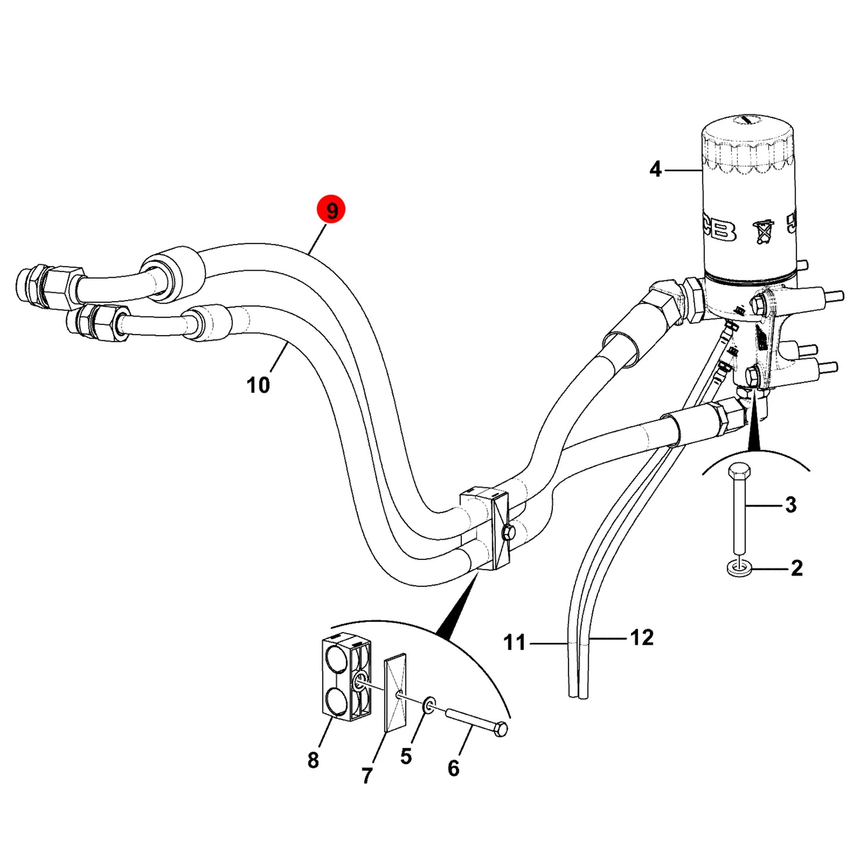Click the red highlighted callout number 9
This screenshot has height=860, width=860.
tap(331, 210)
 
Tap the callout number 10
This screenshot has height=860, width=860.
tap(258, 384)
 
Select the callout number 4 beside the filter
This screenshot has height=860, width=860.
tap(655, 170)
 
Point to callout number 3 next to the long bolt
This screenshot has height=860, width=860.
tap(790, 505)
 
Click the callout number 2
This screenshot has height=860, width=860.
tap(797, 568)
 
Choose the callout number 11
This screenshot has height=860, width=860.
tap(515, 643)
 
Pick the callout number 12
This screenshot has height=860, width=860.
tap(642, 638)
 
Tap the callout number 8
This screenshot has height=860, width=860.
tap(313, 760)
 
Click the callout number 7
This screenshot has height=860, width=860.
tap(367, 775)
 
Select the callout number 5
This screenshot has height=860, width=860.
tap(406, 756)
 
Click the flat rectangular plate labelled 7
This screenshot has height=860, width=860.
tap(396, 699)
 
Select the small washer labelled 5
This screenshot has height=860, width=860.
tap(429, 706)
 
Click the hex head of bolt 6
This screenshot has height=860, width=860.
tap(501, 729)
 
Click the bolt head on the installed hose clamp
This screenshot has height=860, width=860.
tap(508, 532)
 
